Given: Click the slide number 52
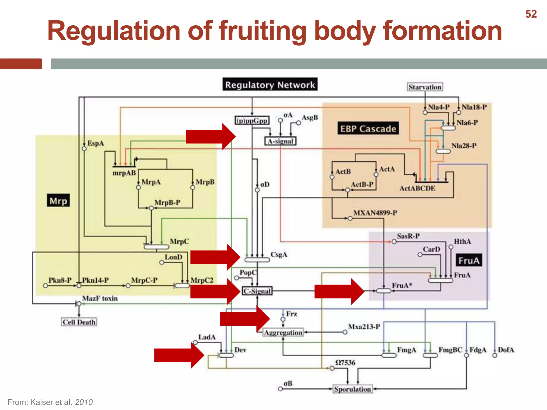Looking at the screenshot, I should point(531,14).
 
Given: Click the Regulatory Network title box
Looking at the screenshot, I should point(270,85).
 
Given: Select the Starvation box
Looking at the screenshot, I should point(425,87).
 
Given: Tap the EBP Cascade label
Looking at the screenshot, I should point(368,129).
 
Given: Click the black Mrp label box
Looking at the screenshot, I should point(58,200).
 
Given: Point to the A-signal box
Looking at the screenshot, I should point(280,141).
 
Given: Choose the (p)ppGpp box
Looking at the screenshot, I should point(252,121).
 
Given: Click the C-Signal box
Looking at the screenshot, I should point(257,291).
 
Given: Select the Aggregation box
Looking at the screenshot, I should point(283,333).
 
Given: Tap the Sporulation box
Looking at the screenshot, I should point(353,389).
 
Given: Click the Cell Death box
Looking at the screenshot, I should point(79,322).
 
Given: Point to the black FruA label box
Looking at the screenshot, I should point(469,260).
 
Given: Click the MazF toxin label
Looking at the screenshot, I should point(100,298).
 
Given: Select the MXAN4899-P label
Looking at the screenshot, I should point(375,213).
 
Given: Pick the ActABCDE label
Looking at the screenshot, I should point(417,188).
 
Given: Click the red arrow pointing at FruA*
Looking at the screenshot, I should point(339,291).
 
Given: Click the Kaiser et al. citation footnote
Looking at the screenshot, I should point(50,402).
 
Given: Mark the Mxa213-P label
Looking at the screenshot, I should point(364,327).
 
